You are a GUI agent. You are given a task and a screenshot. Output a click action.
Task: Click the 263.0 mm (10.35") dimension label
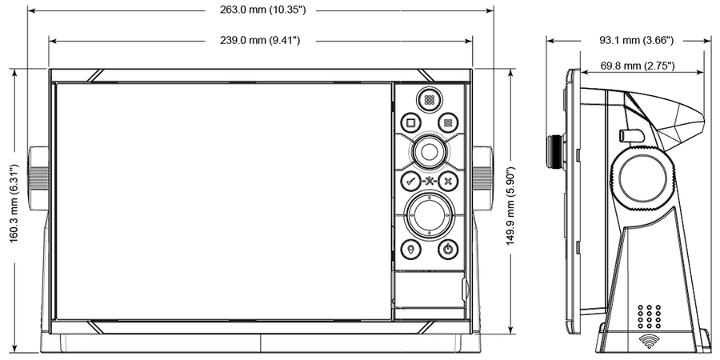262,10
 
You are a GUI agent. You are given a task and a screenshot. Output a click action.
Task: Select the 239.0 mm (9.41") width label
260,41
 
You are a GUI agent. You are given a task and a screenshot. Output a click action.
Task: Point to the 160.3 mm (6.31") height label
14,203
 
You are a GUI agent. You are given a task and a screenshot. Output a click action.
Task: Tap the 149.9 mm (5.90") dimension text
511,206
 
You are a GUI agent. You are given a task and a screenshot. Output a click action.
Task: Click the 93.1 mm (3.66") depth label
637,41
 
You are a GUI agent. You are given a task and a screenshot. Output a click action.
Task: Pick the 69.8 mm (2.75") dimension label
638,66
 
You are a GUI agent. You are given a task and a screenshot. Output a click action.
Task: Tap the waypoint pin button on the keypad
410,250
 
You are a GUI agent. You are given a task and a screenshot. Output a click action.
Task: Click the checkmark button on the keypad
410,181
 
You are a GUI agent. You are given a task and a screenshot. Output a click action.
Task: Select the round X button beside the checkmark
448,181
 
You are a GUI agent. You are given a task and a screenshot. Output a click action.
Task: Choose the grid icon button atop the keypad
429,100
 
